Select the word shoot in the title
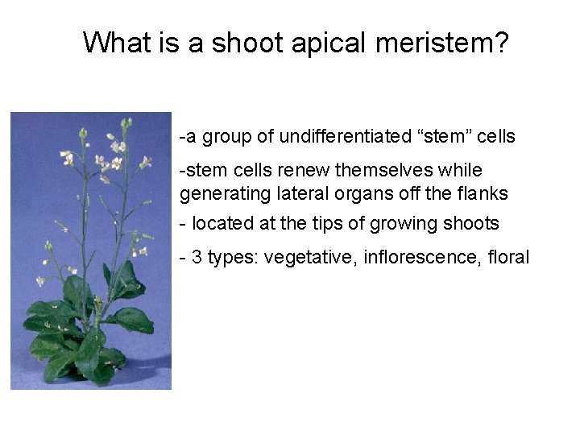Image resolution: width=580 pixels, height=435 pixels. [246, 42]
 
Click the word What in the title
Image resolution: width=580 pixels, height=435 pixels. [120, 42]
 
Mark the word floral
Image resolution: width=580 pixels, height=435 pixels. [507, 258]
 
